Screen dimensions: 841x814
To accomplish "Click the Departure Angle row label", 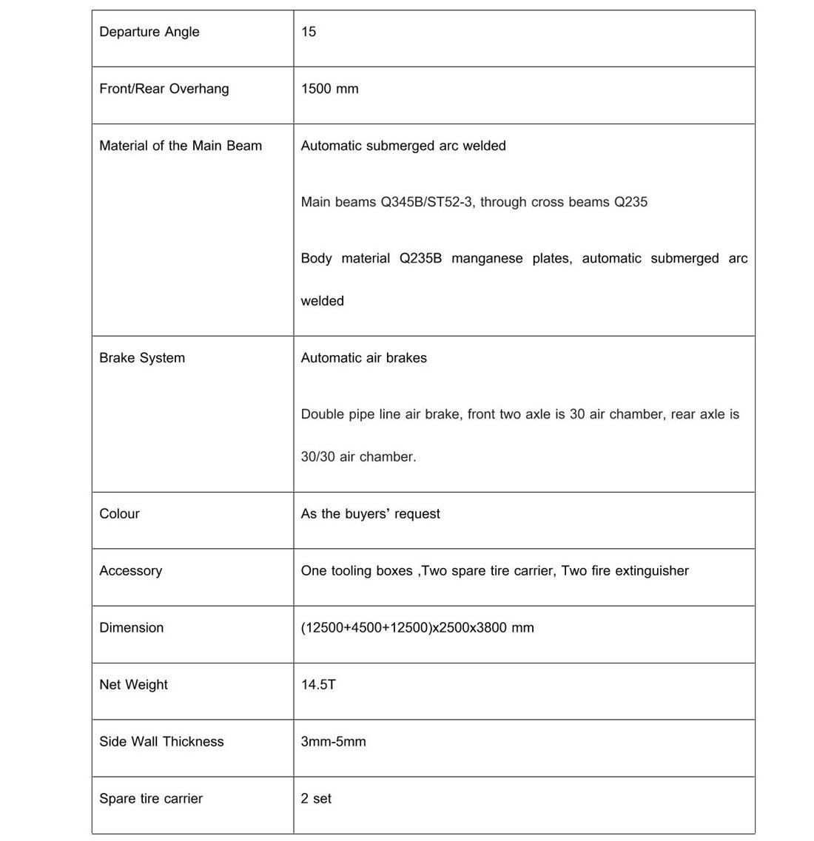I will pyautogui.click(x=149, y=32).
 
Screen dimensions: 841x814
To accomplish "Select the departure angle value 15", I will pyautogui.click(x=309, y=32).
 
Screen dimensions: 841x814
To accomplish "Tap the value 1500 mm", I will pyautogui.click(x=329, y=89).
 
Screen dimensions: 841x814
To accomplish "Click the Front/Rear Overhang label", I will pyautogui.click(x=164, y=89).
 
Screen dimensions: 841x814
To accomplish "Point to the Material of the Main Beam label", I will pyautogui.click(x=180, y=146).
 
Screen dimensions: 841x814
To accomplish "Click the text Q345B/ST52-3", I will pyautogui.click(x=426, y=202).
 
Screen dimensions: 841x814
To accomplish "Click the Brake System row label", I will pyautogui.click(x=141, y=358).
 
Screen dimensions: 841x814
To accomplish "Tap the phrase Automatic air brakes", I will pyautogui.click(x=363, y=358).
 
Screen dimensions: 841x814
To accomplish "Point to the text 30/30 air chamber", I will pyautogui.click(x=358, y=457).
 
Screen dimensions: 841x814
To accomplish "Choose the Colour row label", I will pyautogui.click(x=119, y=514).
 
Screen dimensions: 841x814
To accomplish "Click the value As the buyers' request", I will pyautogui.click(x=370, y=514).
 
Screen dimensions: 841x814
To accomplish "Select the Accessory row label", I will pyautogui.click(x=130, y=571).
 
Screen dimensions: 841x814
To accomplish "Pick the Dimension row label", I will pyautogui.click(x=131, y=628).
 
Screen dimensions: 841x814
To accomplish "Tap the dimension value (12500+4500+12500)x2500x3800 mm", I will pyautogui.click(x=417, y=628).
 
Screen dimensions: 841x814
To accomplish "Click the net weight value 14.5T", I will pyautogui.click(x=317, y=685).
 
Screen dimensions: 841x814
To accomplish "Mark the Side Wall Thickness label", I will pyautogui.click(x=161, y=742).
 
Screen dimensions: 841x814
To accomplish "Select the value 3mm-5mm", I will pyautogui.click(x=333, y=742).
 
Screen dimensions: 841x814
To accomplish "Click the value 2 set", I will pyautogui.click(x=316, y=799).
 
